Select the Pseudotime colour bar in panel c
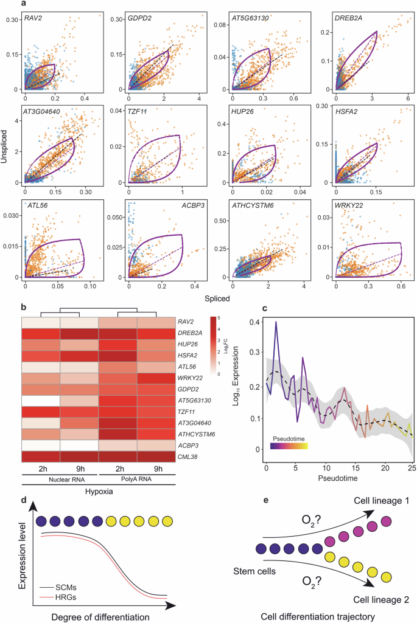pyautogui.click(x=289, y=429)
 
